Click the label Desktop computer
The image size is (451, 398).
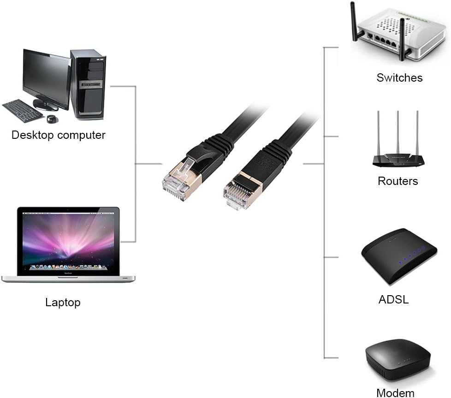[x=59, y=135]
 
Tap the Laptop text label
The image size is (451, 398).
[x=63, y=303]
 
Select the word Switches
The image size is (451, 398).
[x=399, y=77]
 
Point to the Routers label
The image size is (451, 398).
[x=398, y=181]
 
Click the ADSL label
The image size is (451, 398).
[x=393, y=299]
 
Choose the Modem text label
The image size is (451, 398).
[x=395, y=393]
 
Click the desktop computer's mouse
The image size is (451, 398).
[x=52, y=119]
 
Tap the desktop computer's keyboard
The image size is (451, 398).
[x=23, y=111]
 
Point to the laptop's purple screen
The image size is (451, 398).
[x=68, y=241]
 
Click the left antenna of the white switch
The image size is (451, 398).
[x=354, y=21]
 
